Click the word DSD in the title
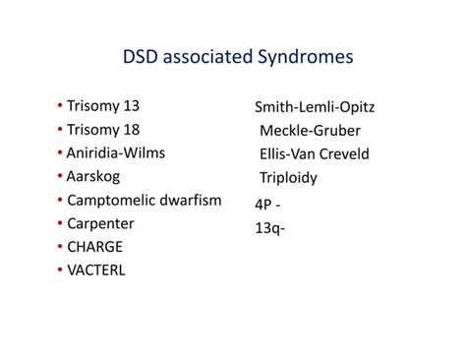[143, 57]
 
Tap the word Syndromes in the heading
[305, 57]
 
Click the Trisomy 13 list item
[101, 105]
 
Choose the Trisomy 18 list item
[101, 129]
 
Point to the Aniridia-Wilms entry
[116, 152]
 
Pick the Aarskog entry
[95, 176]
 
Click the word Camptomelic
[112, 200]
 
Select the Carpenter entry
[101, 223]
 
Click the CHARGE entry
[96, 247]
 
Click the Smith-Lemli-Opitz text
[315, 107]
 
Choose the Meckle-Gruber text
[310, 131]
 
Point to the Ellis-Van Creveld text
[316, 154]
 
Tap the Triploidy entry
[288, 178]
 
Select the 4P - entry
[268, 204]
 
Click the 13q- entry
[270, 227]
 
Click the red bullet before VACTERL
[60, 270]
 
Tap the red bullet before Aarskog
[60, 176]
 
